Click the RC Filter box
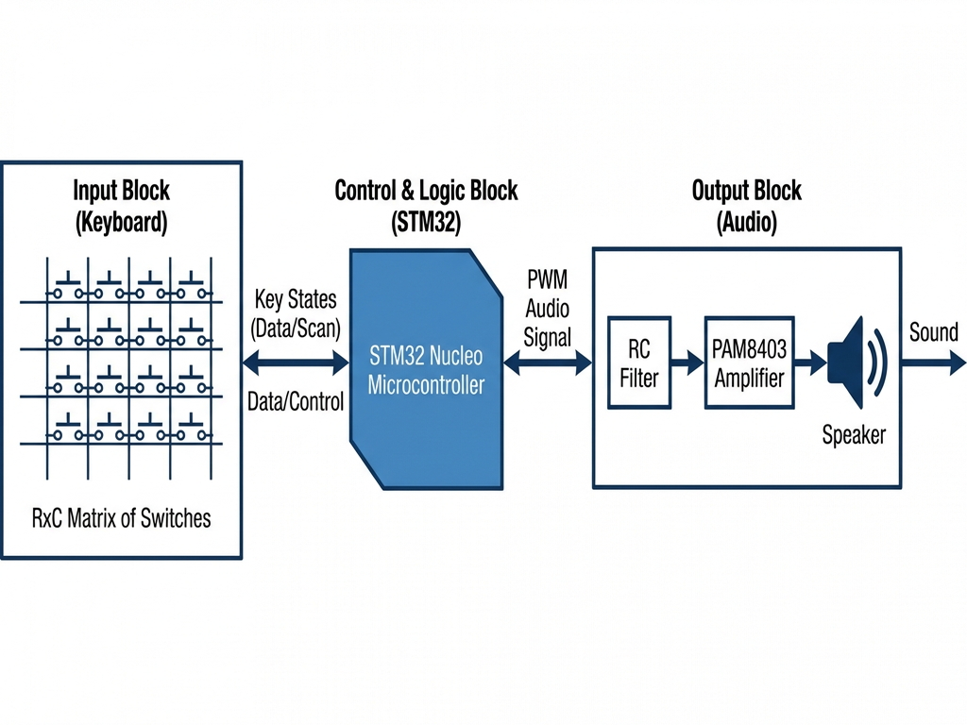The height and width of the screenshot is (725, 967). pyautogui.click(x=639, y=363)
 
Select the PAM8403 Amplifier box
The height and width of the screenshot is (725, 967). pyautogui.click(x=749, y=363)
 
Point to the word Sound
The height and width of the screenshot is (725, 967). pyautogui.click(x=933, y=332)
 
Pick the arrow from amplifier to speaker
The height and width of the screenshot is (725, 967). pyautogui.click(x=810, y=362)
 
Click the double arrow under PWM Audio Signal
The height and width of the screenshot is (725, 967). pyautogui.click(x=548, y=362)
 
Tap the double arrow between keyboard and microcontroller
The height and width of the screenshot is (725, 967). pyautogui.click(x=296, y=362)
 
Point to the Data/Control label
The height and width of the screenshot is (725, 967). pyautogui.click(x=296, y=401)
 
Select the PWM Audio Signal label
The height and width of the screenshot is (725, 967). pyautogui.click(x=548, y=309)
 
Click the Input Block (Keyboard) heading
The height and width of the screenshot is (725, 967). pyautogui.click(x=121, y=207)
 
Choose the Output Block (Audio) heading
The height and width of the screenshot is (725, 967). pyautogui.click(x=746, y=207)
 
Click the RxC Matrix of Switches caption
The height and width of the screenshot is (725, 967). pyautogui.click(x=121, y=518)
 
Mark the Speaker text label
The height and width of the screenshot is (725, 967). pyautogui.click(x=854, y=435)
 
